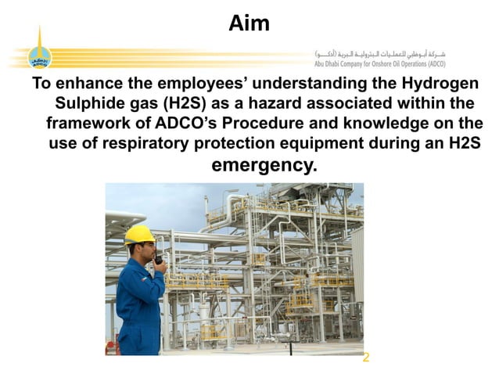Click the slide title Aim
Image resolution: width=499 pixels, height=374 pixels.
(x=249, y=23)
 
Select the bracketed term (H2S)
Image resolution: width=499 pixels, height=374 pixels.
(x=185, y=104)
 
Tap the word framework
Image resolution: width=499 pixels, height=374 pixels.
(x=89, y=124)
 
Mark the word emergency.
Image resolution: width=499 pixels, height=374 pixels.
(x=264, y=165)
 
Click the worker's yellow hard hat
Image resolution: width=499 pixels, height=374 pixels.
(x=138, y=234)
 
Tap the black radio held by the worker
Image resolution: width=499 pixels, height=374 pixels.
(x=159, y=257)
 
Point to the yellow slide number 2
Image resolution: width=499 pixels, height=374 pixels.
(x=365, y=358)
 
